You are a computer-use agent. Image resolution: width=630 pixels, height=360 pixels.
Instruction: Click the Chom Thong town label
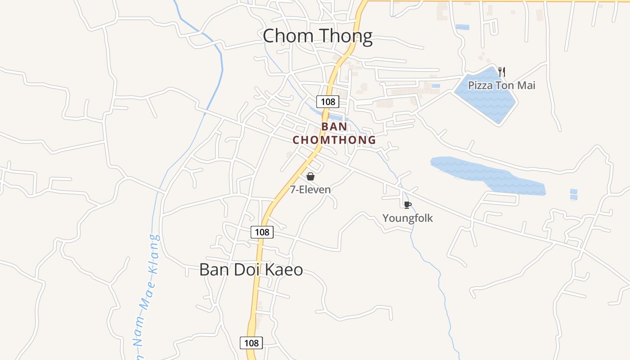(x=317, y=36)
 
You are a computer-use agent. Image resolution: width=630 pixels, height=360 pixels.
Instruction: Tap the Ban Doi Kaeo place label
(x=251, y=270)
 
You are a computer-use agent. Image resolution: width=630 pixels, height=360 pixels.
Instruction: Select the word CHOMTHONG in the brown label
(x=334, y=140)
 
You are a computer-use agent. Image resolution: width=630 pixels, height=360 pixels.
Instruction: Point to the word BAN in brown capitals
(x=334, y=127)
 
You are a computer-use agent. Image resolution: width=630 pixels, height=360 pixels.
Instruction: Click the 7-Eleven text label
(x=310, y=189)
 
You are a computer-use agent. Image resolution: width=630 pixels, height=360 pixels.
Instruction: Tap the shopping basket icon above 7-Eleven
(x=310, y=176)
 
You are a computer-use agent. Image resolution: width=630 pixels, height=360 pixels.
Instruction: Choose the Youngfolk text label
(x=407, y=218)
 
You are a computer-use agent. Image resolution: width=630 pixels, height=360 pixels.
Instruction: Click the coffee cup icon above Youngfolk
(x=407, y=205)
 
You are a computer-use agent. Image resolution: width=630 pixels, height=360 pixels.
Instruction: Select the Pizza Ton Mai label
(x=501, y=85)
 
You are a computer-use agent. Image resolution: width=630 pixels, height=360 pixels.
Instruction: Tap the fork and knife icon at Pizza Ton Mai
(x=502, y=72)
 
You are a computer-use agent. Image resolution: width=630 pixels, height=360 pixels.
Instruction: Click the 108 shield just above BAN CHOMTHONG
(x=328, y=101)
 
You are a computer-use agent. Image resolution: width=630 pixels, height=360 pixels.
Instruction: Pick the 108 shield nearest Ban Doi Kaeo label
(x=261, y=232)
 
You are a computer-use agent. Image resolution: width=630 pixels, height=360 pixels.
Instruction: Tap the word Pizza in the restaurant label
(x=480, y=85)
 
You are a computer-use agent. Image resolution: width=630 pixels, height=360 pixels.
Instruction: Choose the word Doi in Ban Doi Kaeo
(x=248, y=270)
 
